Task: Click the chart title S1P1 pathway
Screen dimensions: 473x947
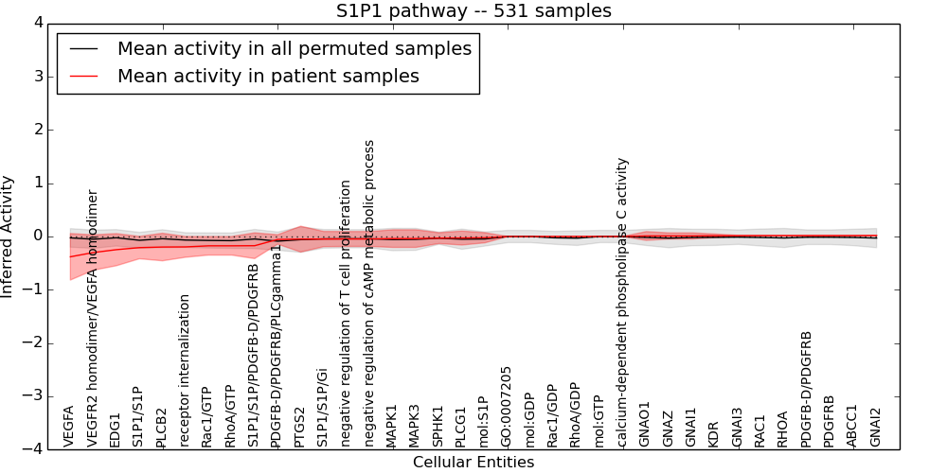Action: click(473, 11)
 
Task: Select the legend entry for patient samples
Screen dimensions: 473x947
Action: click(268, 76)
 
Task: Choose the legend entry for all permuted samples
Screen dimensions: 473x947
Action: click(294, 49)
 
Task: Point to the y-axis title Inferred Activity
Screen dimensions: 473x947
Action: click(9, 236)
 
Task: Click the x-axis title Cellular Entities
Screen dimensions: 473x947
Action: click(473, 463)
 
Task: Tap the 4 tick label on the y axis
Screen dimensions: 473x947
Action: click(38, 23)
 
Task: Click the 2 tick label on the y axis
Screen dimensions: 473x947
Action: click(38, 130)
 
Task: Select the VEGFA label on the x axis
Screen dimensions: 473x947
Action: click(69, 427)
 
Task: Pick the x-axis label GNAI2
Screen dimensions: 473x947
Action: click(876, 427)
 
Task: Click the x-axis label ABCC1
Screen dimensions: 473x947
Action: click(852, 426)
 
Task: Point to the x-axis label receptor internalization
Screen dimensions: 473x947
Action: click(185, 370)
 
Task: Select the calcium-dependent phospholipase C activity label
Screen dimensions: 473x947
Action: click(622, 303)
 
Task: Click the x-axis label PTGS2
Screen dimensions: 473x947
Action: click(300, 427)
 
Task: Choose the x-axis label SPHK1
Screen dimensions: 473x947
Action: click(438, 426)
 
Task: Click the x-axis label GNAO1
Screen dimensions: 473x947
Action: click(645, 425)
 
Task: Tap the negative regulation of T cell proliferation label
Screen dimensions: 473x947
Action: click(346, 313)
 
